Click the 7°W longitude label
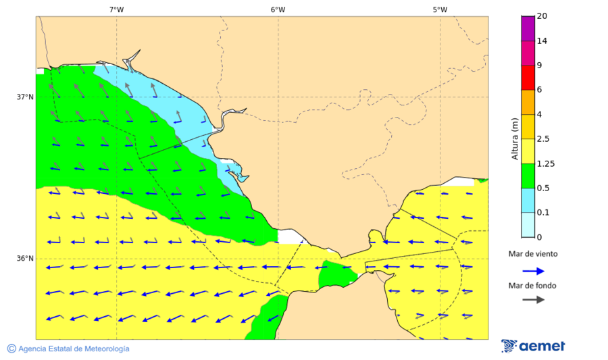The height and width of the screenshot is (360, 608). tap(116, 9)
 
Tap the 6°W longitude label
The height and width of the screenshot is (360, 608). tap(278, 9)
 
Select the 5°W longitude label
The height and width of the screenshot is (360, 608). tap(440, 9)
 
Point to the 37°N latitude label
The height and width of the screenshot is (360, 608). tap(25, 97)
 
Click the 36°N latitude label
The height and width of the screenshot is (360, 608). tap(25, 259)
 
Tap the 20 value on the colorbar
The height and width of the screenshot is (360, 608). tap(541, 16)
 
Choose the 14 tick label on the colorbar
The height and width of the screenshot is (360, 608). tap(541, 41)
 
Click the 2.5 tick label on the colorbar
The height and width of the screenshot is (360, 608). tap(543, 139)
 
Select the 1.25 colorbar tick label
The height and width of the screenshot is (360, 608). tap(545, 163)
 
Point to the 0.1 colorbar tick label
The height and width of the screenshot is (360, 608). tap(543, 213)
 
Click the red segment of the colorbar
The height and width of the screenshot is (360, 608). tap(528, 78)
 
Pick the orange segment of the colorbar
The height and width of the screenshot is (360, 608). tap(528, 102)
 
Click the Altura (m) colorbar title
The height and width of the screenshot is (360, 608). tap(515, 138)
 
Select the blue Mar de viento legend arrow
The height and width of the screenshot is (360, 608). tap(533, 271)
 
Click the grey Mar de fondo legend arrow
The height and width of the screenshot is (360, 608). tap(533, 299)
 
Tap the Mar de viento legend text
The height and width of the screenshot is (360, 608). tap(533, 254)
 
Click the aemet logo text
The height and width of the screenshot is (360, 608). tap(542, 346)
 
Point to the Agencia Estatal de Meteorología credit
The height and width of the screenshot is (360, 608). tap(74, 349)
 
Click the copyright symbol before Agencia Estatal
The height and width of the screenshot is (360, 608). tap(11, 349)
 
